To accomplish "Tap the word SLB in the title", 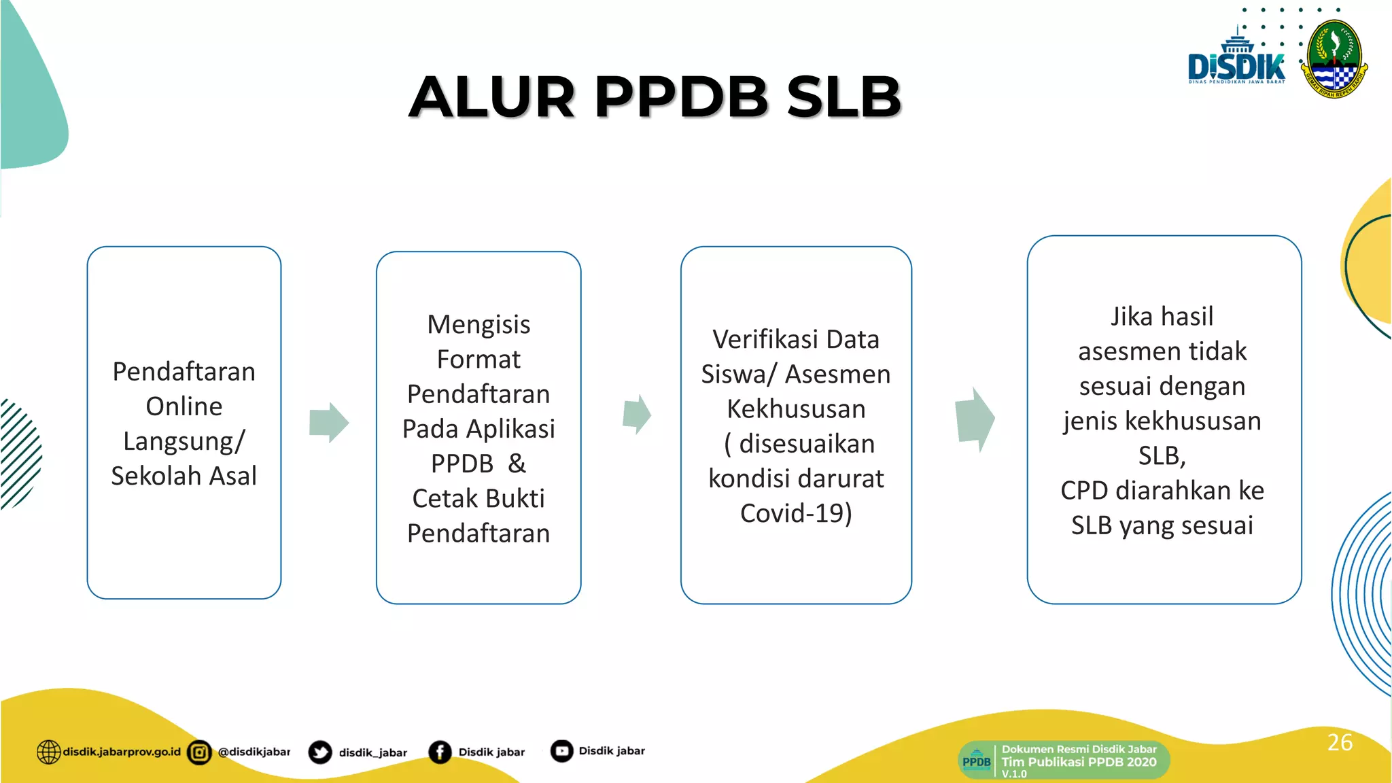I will tap(843, 97).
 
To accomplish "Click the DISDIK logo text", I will tap(1236, 67).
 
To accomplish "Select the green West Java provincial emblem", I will tap(1334, 59).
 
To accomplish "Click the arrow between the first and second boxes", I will tap(329, 422).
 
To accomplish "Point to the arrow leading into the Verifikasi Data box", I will tap(637, 413).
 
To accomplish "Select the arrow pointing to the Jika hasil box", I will tap(975, 419).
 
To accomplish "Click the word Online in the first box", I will tap(184, 406).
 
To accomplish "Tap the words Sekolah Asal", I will tap(184, 476).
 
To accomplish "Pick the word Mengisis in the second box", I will tap(478, 325).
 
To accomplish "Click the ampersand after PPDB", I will tap(517, 464).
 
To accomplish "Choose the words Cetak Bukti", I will tap(478, 498).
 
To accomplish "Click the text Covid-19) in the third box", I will tap(796, 513).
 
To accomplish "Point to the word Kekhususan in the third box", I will tap(796, 409).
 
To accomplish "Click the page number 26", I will tap(1340, 742).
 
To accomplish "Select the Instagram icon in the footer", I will tap(199, 752).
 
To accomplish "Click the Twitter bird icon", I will tap(320, 752).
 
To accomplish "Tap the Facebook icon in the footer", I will tap(440, 752).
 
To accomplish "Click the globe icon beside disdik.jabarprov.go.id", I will tap(48, 752).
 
